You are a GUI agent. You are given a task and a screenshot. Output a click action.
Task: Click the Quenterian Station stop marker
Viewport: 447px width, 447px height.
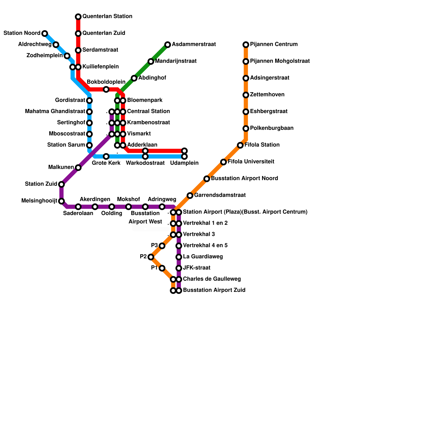(78, 17)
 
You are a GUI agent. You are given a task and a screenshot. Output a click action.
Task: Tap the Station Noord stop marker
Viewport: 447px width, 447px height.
(45, 34)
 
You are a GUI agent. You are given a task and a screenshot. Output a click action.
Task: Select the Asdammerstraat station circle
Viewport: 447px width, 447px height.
(168, 45)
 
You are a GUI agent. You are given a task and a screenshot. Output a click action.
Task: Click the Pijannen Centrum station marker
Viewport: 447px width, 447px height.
(246, 45)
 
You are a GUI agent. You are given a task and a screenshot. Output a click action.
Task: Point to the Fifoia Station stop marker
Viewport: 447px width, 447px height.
(240, 145)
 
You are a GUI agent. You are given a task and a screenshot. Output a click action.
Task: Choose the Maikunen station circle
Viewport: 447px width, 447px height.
(78, 168)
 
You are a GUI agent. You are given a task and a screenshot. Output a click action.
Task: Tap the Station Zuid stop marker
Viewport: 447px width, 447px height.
(61, 184)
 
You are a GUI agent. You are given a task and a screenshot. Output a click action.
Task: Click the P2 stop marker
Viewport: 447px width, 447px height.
(151, 257)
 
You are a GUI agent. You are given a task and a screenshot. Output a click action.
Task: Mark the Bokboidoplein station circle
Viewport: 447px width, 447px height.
(106, 89)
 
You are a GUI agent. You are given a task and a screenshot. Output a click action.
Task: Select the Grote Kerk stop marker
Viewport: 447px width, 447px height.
(106, 156)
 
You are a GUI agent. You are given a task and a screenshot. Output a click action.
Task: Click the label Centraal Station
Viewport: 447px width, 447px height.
(148, 111)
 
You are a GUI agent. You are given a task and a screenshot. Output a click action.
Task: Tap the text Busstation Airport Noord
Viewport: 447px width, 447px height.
(244, 179)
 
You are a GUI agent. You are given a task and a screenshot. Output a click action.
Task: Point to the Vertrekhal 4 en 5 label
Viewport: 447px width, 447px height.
(205, 246)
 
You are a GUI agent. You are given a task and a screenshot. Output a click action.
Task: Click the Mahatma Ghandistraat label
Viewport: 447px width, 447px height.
(55, 111)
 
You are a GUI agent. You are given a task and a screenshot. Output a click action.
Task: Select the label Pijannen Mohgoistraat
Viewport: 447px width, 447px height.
(280, 61)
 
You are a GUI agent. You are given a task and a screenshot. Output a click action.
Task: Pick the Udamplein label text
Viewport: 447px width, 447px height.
(184, 163)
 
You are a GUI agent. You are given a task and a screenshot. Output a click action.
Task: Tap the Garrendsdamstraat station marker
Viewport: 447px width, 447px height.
(190, 196)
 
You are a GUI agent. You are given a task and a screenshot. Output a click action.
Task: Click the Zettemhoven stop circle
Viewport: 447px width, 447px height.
(246, 95)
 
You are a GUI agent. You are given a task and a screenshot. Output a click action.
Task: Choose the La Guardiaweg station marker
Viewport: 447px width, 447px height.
(179, 257)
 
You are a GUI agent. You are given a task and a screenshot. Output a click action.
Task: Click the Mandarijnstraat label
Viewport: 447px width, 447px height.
(176, 61)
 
